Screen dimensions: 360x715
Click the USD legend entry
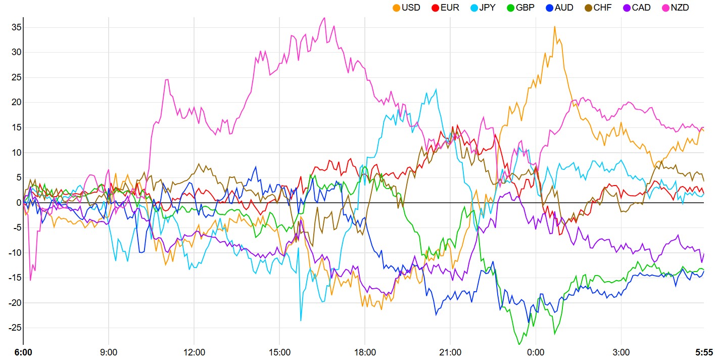point(406,8)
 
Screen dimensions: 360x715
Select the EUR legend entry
point(445,8)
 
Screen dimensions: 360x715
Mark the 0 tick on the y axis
point(18,203)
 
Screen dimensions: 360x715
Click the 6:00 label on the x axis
point(23,352)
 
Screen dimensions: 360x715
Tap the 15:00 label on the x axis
point(279,352)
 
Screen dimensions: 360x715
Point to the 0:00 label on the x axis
point(536,352)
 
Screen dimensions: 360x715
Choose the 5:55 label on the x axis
point(704,352)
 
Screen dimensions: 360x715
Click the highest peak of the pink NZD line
point(324,18)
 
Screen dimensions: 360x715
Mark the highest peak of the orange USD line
point(554,26)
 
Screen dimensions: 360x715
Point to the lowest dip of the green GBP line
point(519,345)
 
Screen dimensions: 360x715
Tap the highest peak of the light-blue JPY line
point(437,89)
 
